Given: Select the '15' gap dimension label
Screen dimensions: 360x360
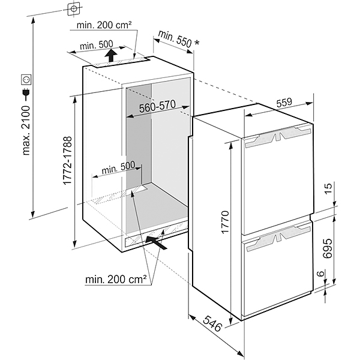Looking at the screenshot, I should (x=328, y=190).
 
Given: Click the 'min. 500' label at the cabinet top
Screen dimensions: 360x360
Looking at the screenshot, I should (x=97, y=46).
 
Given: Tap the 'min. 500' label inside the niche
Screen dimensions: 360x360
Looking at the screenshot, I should (x=118, y=169).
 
